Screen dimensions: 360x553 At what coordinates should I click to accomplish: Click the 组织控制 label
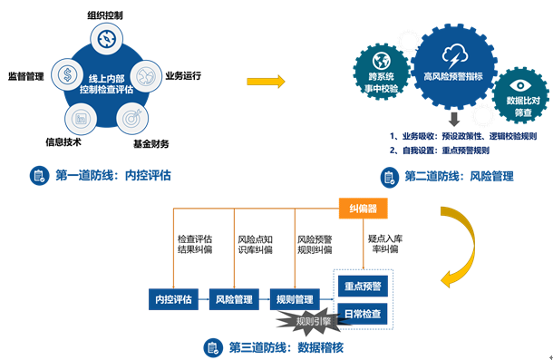tap(106, 15)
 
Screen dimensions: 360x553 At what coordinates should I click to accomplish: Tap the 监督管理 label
tap(25, 75)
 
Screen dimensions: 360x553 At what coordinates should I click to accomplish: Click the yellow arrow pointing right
tap(267, 82)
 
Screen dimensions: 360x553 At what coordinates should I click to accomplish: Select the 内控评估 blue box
tap(173, 298)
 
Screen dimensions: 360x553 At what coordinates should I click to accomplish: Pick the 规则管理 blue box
tap(296, 298)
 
